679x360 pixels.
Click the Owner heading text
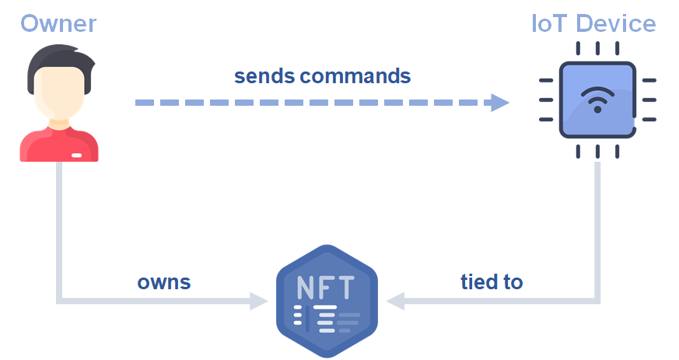58,23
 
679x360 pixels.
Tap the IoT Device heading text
593,23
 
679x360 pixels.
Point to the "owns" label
164,281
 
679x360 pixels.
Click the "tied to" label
491,281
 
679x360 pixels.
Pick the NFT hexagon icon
327,300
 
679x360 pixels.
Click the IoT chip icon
597,100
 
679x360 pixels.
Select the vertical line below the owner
59,225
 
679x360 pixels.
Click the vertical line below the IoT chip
597,225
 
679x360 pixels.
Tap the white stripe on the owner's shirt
77,156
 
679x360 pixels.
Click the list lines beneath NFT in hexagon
327,318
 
